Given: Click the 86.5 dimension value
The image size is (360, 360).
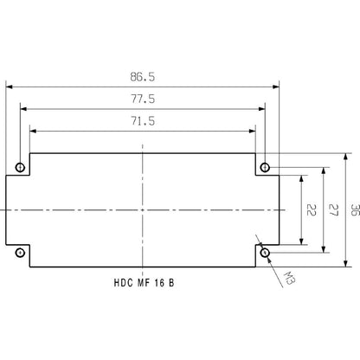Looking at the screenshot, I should click(x=144, y=76).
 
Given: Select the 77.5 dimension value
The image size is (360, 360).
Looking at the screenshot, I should click(x=144, y=100).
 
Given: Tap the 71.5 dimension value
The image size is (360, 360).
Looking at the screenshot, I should click(x=144, y=121).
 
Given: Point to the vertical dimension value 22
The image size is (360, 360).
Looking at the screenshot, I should click(x=310, y=210).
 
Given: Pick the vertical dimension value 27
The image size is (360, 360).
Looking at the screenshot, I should click(x=331, y=210).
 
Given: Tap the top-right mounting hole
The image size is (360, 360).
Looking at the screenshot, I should click(x=265, y=166).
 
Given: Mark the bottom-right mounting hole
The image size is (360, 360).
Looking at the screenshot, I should click(x=265, y=253).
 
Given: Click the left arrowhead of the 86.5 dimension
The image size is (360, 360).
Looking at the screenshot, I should click(x=10, y=86).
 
